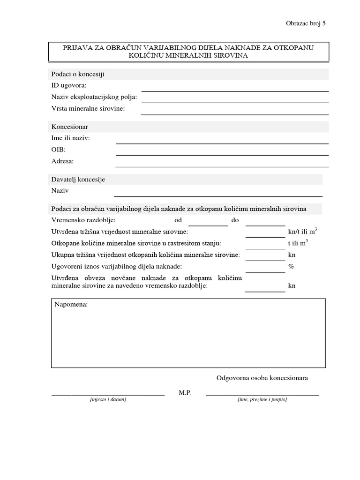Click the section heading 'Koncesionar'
[69, 127]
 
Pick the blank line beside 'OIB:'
[222, 154]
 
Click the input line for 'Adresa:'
[222, 165]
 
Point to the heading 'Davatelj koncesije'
[78, 180]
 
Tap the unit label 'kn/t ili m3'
[302, 232]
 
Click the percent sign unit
[291, 266]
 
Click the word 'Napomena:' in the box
[71, 304]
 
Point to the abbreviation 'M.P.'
[185, 392]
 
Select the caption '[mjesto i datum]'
[108, 399]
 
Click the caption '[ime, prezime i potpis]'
[262, 399]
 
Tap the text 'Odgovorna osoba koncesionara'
[262, 378]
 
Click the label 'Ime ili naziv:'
[70, 138]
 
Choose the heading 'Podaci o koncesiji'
[77, 74]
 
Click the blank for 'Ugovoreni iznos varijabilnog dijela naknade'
[265, 271]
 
